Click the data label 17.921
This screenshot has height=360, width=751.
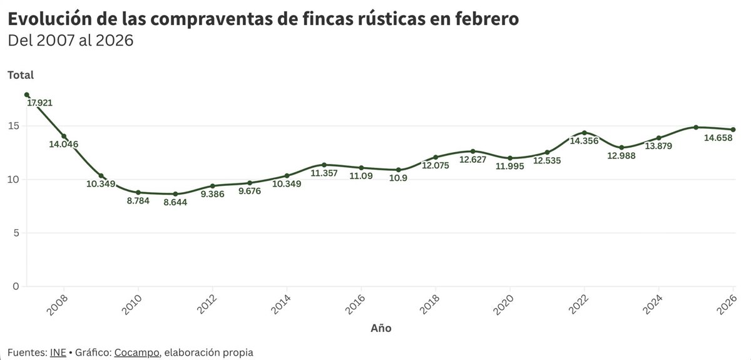point(44,103)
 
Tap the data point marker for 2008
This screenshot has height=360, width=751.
point(64,136)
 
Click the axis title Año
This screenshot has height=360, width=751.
point(381,328)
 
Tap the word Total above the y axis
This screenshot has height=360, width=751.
point(20,75)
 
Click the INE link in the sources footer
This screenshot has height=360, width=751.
point(58,352)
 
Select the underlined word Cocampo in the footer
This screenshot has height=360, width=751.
point(136,352)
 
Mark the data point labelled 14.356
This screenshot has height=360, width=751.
point(584,133)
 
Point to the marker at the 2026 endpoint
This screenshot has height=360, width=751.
point(733,130)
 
